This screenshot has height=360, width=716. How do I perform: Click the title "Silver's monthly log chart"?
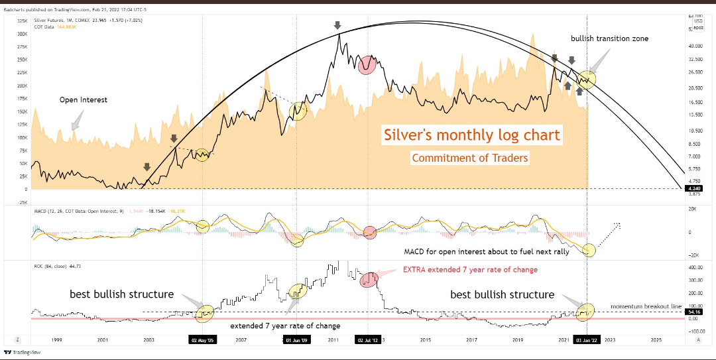(472, 135)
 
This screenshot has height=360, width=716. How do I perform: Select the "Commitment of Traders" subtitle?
(469, 158)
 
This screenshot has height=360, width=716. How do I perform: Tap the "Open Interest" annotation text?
(83, 100)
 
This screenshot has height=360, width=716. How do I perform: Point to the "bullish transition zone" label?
(609, 38)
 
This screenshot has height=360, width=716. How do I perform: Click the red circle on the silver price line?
(366, 65)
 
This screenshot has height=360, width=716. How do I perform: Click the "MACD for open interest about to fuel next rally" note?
(485, 252)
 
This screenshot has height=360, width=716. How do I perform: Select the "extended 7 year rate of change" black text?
(284, 326)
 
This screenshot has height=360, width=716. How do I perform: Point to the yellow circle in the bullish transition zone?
(586, 80)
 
